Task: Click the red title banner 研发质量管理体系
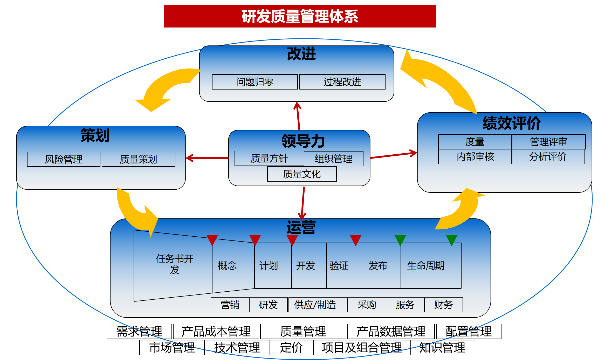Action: click(300, 16)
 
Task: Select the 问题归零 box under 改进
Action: click(255, 82)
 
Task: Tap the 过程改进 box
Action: click(342, 82)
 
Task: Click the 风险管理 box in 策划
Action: click(64, 159)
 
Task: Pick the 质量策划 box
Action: click(138, 159)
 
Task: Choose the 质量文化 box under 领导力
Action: click(302, 174)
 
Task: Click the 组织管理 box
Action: click(334, 159)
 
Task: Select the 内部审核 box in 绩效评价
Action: click(475, 157)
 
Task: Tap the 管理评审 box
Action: click(548, 142)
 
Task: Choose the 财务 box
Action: click(443, 305)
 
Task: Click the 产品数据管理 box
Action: click(391, 331)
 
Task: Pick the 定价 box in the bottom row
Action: click(291, 347)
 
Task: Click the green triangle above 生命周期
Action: click(451, 240)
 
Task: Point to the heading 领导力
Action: click(303, 141)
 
